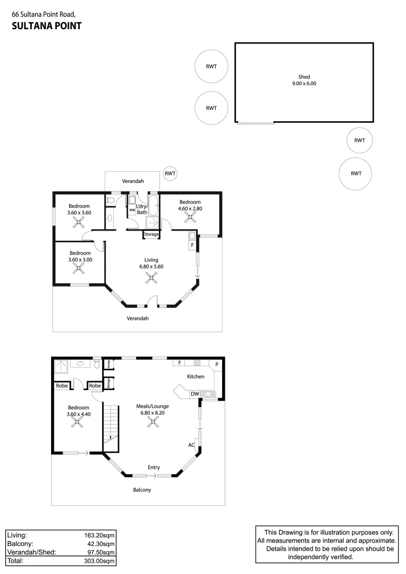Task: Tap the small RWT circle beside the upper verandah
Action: coord(170,173)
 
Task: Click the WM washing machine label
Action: coord(132,210)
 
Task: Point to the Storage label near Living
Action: coord(151,234)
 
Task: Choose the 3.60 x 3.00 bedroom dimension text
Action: coord(79,260)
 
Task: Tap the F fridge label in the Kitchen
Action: coord(180,363)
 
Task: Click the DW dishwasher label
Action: coord(194,394)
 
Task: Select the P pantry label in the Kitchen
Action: coord(217,364)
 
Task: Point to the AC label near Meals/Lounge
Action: coord(191,445)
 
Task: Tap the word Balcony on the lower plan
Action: coord(142,489)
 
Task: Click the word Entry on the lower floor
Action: coord(154,467)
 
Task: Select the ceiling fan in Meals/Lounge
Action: coord(153,422)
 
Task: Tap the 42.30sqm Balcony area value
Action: coord(101,544)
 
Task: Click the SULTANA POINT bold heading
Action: coord(46,25)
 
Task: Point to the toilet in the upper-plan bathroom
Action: coord(110,201)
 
